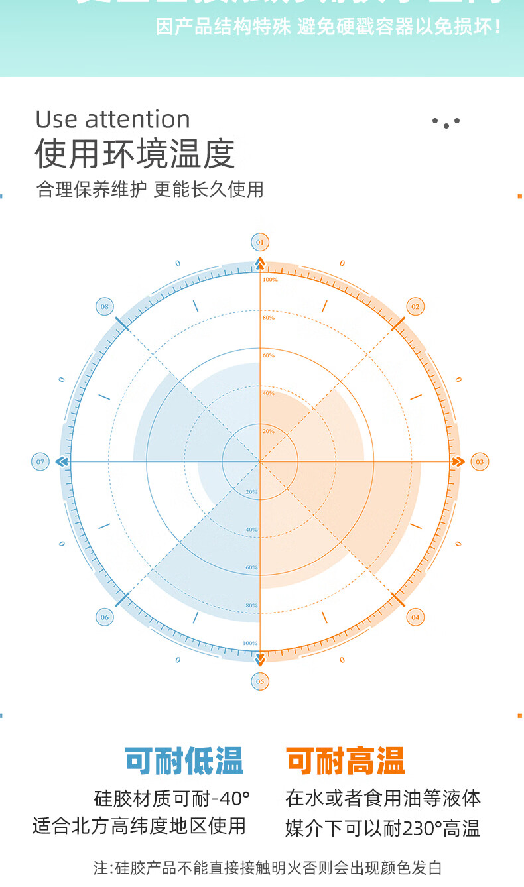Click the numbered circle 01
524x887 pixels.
coord(260,242)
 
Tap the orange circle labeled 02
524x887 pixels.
coord(415,306)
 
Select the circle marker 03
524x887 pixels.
coord(480,461)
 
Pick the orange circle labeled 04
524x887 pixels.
coord(415,617)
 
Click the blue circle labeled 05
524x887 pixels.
coord(260,681)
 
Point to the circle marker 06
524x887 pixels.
coord(105,617)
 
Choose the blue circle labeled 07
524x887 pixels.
coord(40,461)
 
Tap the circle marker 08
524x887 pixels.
coord(105,306)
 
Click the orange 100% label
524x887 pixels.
coord(270,280)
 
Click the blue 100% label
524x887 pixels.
coord(249,643)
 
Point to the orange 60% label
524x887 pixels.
coord(268,355)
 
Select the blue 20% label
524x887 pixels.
coord(251,492)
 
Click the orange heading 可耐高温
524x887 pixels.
coord(345,761)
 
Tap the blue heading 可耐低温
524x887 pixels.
coord(184,761)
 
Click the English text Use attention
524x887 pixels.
coord(113,119)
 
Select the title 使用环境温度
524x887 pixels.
coord(135,154)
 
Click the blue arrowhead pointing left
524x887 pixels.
coord(62,461)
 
